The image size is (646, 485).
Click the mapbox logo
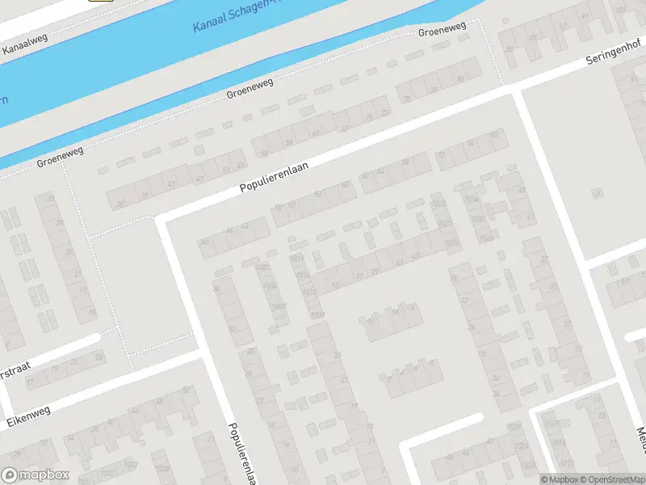click(36, 474)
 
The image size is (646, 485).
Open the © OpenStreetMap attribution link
click(614, 479)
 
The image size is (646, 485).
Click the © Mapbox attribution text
click(559, 479)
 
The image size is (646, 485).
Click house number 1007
click(279, 306)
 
